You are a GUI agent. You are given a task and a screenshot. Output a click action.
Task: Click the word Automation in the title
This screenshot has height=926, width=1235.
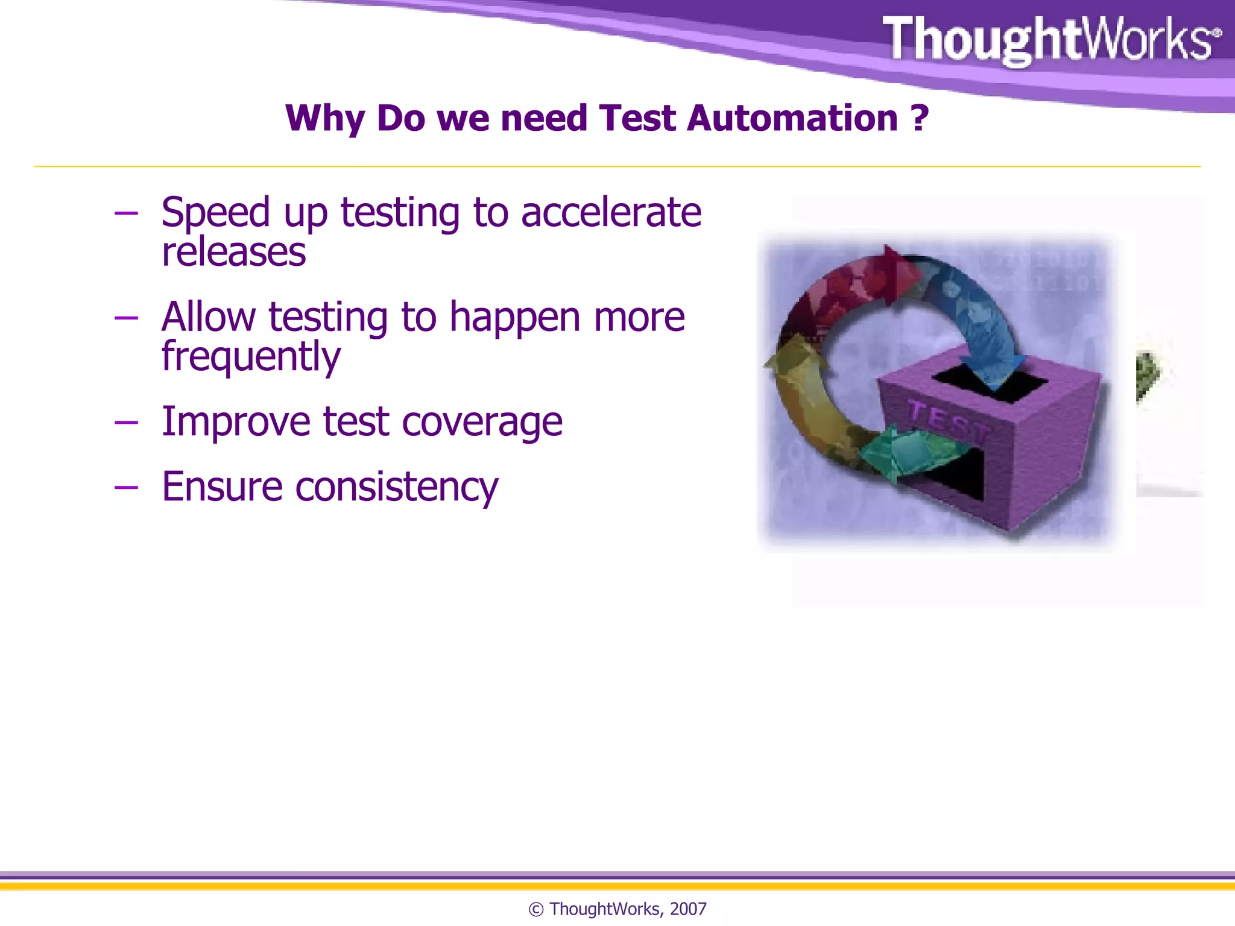click(x=792, y=118)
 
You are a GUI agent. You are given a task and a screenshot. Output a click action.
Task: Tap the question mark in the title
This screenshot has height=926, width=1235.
click(x=920, y=118)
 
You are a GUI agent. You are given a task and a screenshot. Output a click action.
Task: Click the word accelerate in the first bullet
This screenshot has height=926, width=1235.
click(x=611, y=213)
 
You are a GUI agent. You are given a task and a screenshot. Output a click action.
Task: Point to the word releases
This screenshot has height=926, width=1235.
click(x=234, y=253)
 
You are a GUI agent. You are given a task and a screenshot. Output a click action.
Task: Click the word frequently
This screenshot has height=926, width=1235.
click(x=251, y=357)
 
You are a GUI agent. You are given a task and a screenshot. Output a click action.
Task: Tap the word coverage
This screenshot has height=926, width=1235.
click(x=482, y=422)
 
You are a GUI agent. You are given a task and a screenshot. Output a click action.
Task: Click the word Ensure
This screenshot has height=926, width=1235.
click(x=222, y=487)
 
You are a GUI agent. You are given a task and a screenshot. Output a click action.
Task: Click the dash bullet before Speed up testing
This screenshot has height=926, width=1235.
click(x=126, y=213)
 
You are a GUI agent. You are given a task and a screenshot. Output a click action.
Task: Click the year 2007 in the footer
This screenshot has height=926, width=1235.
click(x=688, y=909)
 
